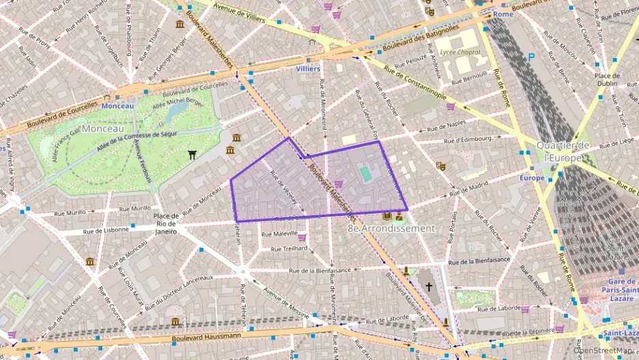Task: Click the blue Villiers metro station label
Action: coord(308,69)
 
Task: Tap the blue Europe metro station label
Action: coord(532,178)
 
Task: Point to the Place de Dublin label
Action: coord(606,79)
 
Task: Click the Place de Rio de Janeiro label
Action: coord(166,224)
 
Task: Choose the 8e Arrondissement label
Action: coord(390,228)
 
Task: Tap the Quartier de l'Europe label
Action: coord(563,151)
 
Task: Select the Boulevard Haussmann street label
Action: coord(206,335)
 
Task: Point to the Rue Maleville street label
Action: coord(280,234)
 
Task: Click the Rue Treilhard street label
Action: coord(291,249)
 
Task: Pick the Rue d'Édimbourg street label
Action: coord(468,139)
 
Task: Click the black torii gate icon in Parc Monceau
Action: coord(193,155)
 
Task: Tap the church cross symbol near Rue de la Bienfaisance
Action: coord(429,286)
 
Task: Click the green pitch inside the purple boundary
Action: coord(367,174)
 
